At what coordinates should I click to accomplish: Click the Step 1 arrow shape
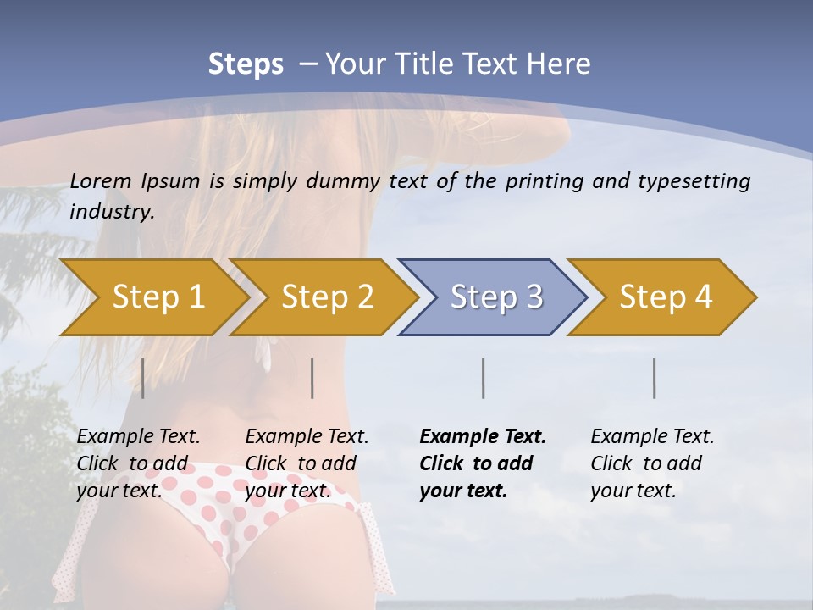(x=152, y=297)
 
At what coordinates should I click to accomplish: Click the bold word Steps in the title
(x=246, y=64)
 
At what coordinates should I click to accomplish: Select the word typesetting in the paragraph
(x=700, y=180)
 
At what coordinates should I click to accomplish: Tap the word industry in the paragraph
(x=112, y=212)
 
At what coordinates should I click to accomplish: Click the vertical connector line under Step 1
(x=142, y=378)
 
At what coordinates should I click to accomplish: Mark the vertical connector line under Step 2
(x=312, y=378)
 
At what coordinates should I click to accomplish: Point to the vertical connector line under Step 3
(x=483, y=378)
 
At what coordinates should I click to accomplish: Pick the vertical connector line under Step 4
(x=655, y=378)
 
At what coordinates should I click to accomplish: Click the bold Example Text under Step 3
(x=483, y=437)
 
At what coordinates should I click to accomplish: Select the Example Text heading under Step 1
(x=138, y=437)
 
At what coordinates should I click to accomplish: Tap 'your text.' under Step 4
(x=633, y=491)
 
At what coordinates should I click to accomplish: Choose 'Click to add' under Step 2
(x=301, y=463)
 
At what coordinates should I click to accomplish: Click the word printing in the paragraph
(x=537, y=180)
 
